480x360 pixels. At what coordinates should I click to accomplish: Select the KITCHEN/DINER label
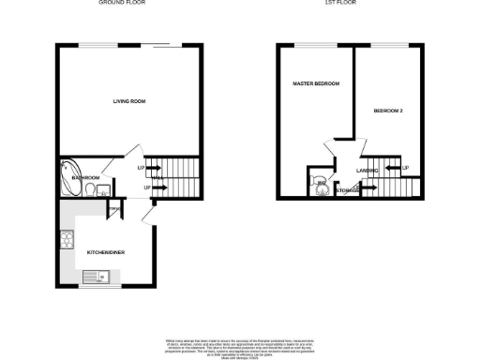[x=106, y=252]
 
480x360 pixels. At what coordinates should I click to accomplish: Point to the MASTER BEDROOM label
[x=314, y=84]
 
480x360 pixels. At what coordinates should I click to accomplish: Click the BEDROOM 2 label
[x=388, y=111]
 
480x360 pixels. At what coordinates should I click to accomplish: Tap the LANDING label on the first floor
[x=367, y=170]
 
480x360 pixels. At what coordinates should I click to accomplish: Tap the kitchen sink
[x=96, y=276]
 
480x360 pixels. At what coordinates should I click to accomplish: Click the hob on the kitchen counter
[x=68, y=239]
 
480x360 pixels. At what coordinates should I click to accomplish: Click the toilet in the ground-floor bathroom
[x=89, y=191]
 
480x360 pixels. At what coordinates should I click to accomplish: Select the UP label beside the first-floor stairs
[x=405, y=169]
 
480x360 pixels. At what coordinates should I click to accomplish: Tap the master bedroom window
[x=309, y=45]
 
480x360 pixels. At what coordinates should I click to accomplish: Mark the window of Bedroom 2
[x=383, y=45]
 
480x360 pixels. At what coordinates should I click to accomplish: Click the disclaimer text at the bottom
[x=240, y=343]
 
